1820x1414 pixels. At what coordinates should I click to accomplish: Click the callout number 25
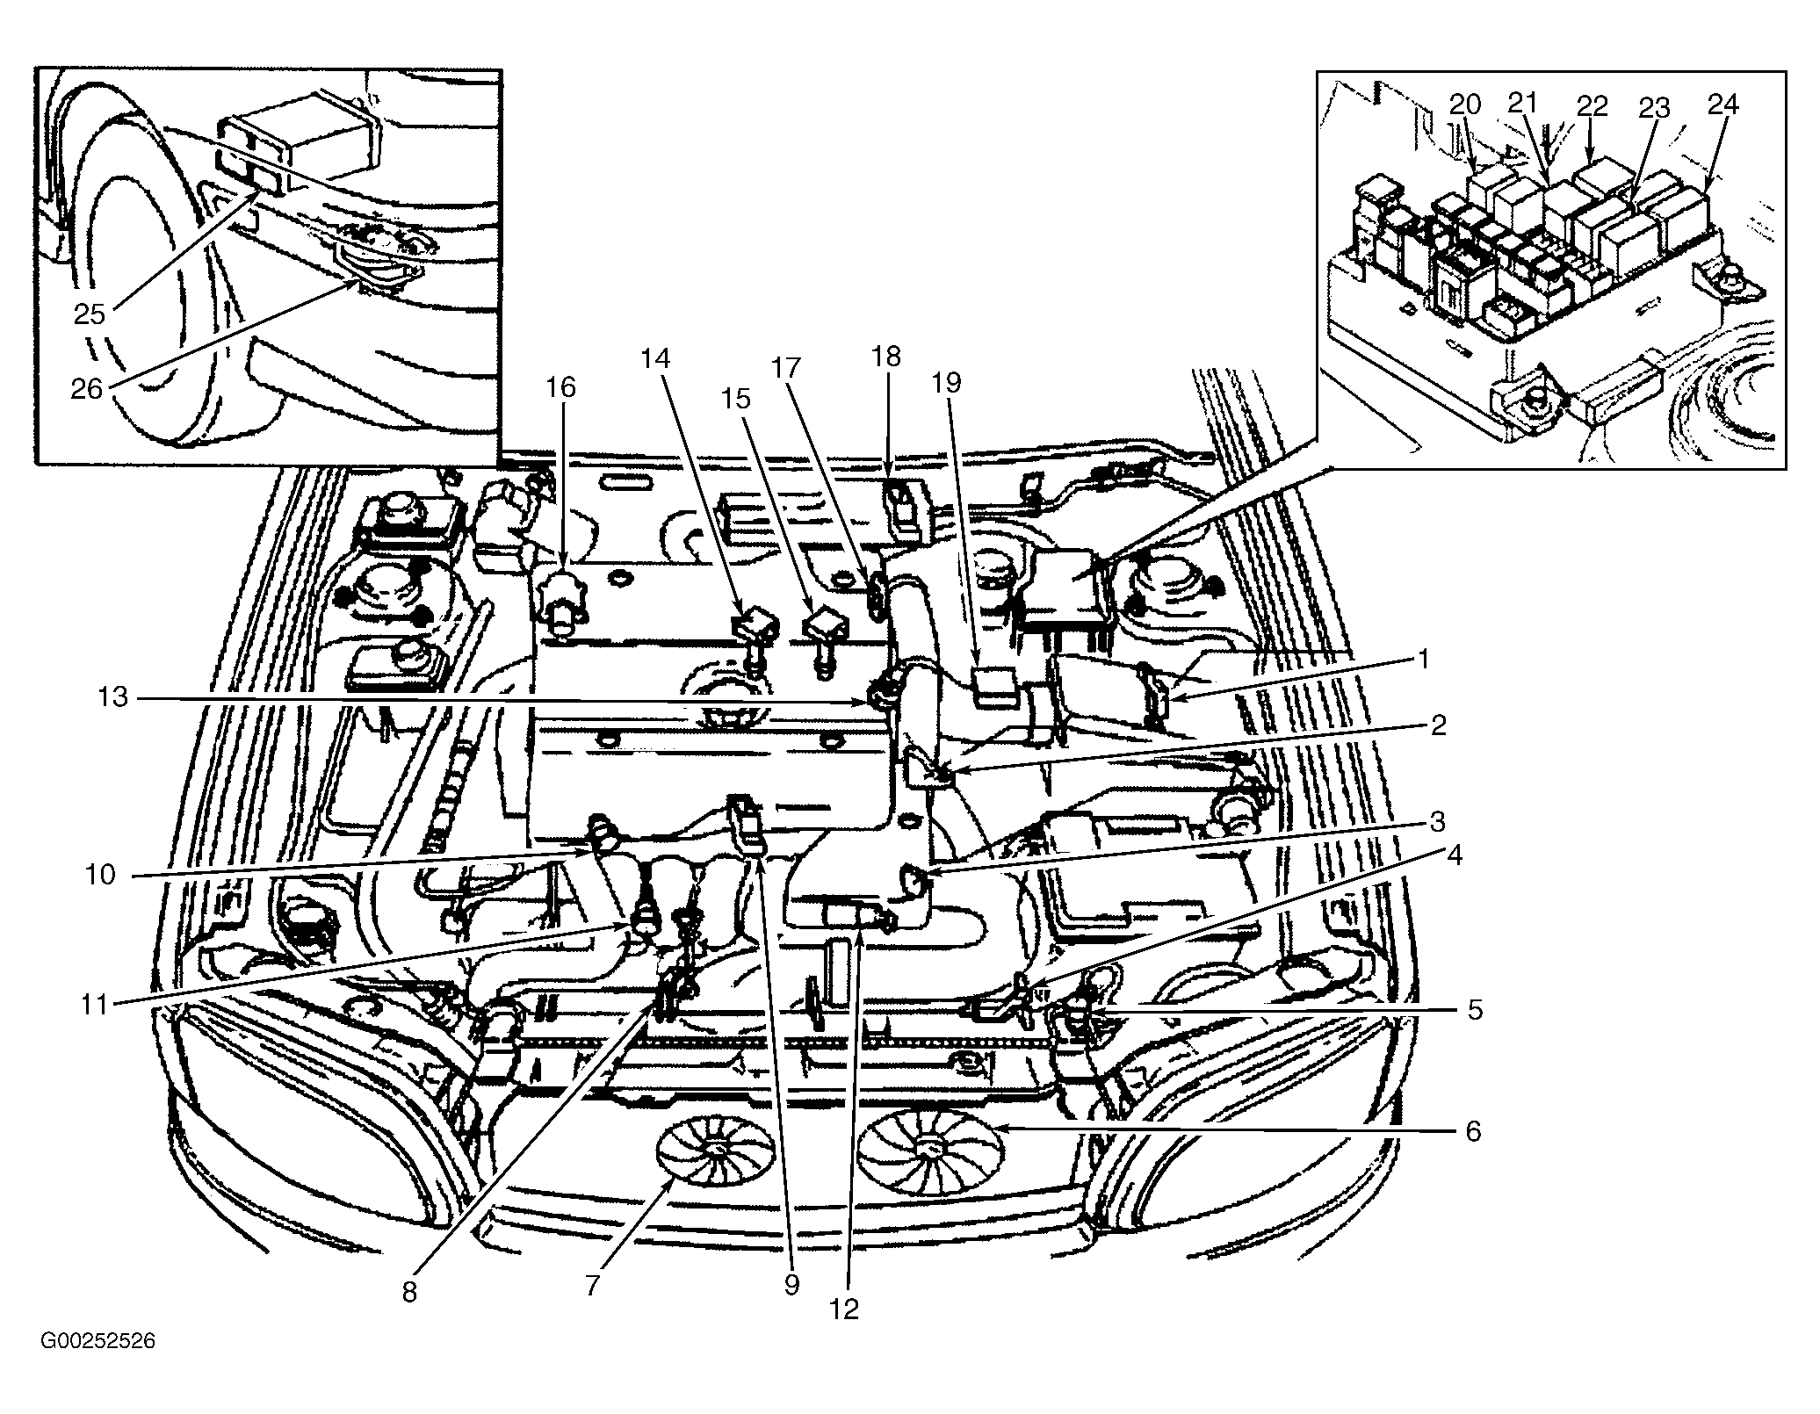(x=90, y=314)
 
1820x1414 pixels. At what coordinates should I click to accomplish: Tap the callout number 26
(x=88, y=387)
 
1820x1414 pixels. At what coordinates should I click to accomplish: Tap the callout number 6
(x=1473, y=1130)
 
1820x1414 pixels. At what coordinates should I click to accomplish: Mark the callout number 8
(x=409, y=1294)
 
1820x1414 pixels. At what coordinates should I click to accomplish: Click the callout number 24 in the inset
(x=1723, y=105)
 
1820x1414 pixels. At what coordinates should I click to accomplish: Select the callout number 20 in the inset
(x=1465, y=105)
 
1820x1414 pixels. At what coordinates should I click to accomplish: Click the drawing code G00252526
(x=97, y=1367)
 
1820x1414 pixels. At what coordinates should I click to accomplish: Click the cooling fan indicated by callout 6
(x=929, y=1147)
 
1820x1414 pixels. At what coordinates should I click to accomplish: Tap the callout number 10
(x=101, y=875)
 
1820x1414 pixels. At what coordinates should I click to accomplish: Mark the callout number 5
(x=1475, y=1010)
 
